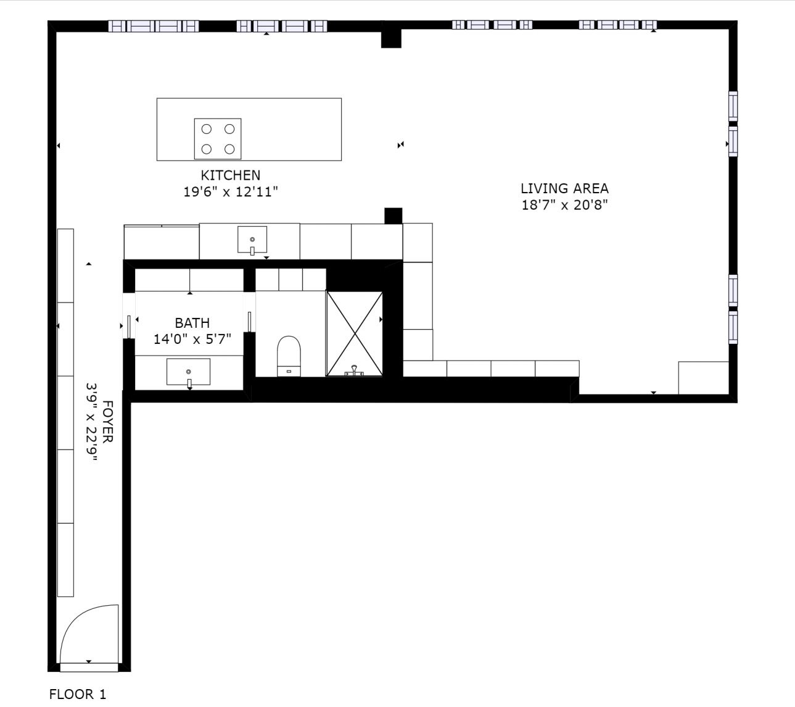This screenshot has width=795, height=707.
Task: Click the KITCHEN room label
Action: tap(230, 175)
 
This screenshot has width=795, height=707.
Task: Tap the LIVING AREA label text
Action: tap(564, 188)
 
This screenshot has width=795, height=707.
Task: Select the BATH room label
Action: tap(192, 323)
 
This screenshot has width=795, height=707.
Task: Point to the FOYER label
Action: tap(107, 422)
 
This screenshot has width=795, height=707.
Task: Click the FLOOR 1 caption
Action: tap(78, 694)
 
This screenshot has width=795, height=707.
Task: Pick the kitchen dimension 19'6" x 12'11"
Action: tap(231, 191)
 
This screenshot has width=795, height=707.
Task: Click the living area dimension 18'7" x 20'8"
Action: tap(564, 205)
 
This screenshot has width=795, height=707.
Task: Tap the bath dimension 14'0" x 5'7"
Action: tap(192, 339)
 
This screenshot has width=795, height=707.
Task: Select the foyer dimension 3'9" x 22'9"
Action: tap(91, 422)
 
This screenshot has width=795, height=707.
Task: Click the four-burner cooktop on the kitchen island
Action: tap(218, 139)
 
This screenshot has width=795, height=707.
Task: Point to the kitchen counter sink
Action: tap(252, 240)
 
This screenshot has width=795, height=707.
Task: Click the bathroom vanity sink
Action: tap(188, 372)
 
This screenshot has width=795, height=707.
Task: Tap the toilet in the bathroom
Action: tap(289, 356)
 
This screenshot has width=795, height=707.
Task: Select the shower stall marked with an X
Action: tap(355, 334)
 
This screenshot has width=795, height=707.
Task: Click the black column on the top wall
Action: tap(391, 38)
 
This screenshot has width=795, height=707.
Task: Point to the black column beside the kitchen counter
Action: tap(393, 215)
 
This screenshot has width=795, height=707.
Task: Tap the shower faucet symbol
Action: tap(355, 370)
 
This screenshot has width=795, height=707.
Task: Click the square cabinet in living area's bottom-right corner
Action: tap(704, 377)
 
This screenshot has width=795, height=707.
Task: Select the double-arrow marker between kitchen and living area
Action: tap(401, 145)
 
